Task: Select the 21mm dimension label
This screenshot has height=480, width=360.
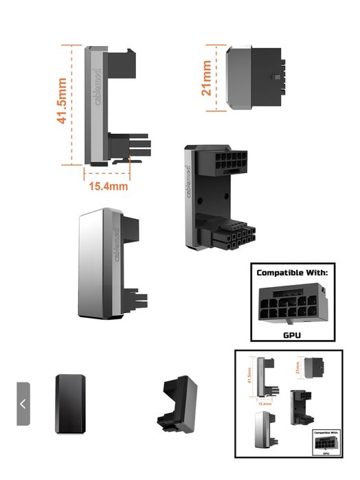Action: point(207,78)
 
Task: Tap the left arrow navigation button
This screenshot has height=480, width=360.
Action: point(23,404)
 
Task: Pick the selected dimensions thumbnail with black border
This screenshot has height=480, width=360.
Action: point(289,404)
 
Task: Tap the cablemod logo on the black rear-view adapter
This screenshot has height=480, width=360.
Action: point(188,183)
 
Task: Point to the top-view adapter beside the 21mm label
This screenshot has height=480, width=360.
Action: point(254,77)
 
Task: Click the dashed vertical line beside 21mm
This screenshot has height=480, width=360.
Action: point(217,77)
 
